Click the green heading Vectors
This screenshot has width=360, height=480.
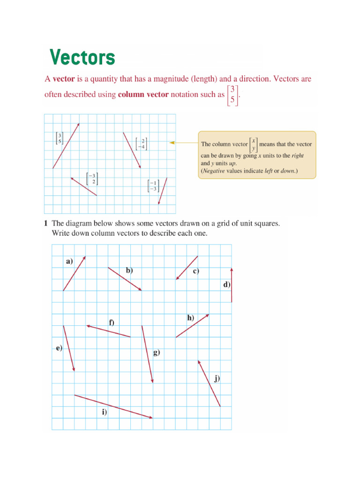tap(82, 58)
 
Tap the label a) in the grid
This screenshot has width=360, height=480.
tap(69, 261)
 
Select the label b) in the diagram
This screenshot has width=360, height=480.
tap(129, 270)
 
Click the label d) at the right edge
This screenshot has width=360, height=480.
tap(227, 285)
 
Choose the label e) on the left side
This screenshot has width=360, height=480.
tap(59, 348)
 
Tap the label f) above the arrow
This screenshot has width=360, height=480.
tap(112, 322)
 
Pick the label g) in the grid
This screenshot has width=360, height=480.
tap(157, 352)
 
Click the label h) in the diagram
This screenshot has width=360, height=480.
tap(190, 317)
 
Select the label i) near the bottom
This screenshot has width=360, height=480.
tap(104, 412)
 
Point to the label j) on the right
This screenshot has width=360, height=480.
tap(217, 378)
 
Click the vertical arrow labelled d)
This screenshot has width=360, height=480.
tap(232, 285)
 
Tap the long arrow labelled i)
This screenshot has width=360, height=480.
tap(113, 406)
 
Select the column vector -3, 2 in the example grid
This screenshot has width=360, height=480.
tap(92, 179)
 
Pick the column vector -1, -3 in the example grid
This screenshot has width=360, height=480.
tap(152, 186)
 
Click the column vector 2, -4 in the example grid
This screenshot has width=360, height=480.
tap(140, 143)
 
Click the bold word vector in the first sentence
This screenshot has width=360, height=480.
tap(63, 79)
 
